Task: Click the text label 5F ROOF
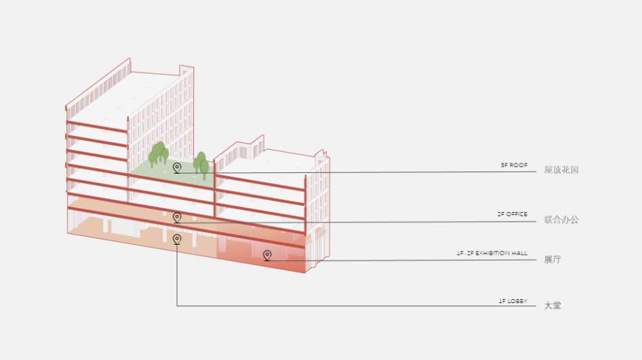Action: coord(513,165)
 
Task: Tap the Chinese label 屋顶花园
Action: coord(561,169)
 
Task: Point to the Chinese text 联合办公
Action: coord(561,220)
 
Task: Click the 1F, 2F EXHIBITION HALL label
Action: coord(491,253)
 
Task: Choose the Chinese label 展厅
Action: coord(553,260)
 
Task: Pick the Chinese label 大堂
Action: coord(553,306)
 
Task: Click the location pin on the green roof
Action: coord(177,167)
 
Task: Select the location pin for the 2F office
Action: coord(177,217)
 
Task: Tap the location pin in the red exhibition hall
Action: coord(267,255)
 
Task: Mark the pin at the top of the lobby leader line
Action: coord(177,239)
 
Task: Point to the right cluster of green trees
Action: coord(201,164)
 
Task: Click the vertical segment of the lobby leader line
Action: coord(177,278)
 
